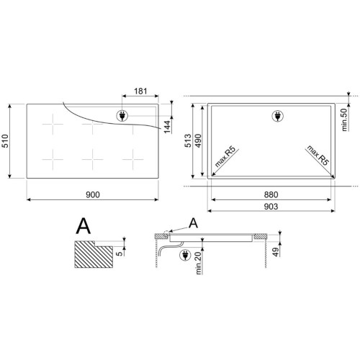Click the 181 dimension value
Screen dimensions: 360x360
pos(140,91)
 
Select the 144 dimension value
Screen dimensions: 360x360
pos(167,127)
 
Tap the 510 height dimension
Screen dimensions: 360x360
pos(5,141)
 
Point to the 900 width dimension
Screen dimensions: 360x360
pos(93,194)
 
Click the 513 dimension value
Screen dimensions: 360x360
pos(188,140)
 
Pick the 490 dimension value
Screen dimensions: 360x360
pos(198,140)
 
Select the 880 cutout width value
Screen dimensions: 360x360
pos(271,194)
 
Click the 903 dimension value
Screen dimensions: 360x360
pos(271,207)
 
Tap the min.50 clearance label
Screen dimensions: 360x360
pos(344,120)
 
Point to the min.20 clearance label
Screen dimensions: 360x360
pos(199,264)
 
